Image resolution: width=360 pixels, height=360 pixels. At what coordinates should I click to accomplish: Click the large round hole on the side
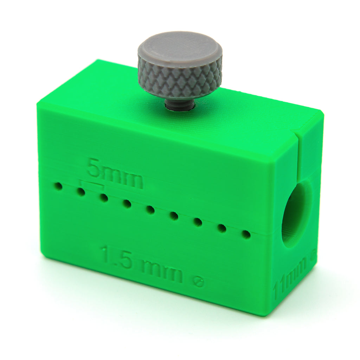[297, 213]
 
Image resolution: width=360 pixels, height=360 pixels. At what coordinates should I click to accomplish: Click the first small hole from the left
[59, 186]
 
